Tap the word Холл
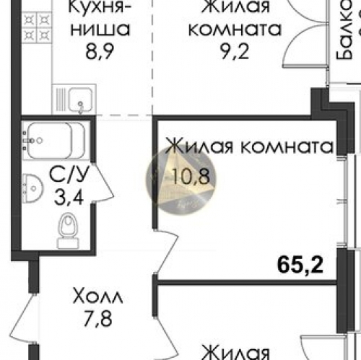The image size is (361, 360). pos(97,296)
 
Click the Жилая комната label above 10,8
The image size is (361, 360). pos(249,147)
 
